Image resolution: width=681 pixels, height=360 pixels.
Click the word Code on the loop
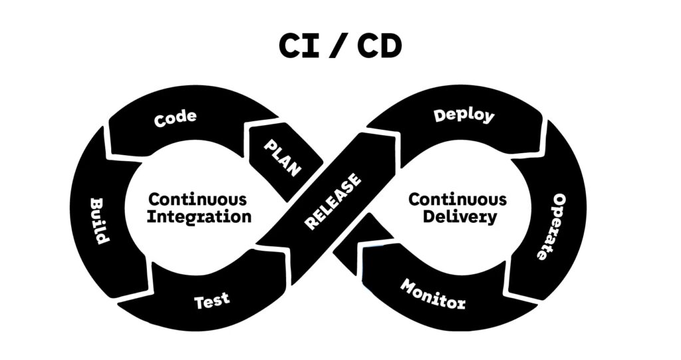(176, 118)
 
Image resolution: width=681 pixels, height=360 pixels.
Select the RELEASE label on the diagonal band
(333, 201)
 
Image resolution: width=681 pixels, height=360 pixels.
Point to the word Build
(98, 220)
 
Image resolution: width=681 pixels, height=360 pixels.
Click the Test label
(212, 301)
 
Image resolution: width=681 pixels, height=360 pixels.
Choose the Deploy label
(464, 115)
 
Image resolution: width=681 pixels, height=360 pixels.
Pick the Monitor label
(433, 294)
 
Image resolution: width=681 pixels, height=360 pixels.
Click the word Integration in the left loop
(200, 217)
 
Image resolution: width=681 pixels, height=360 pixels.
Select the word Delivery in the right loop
(452, 217)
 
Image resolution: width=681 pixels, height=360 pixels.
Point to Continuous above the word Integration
(198, 199)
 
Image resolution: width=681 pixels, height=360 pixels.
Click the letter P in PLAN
(269, 145)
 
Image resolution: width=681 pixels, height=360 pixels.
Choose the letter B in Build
(95, 203)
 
